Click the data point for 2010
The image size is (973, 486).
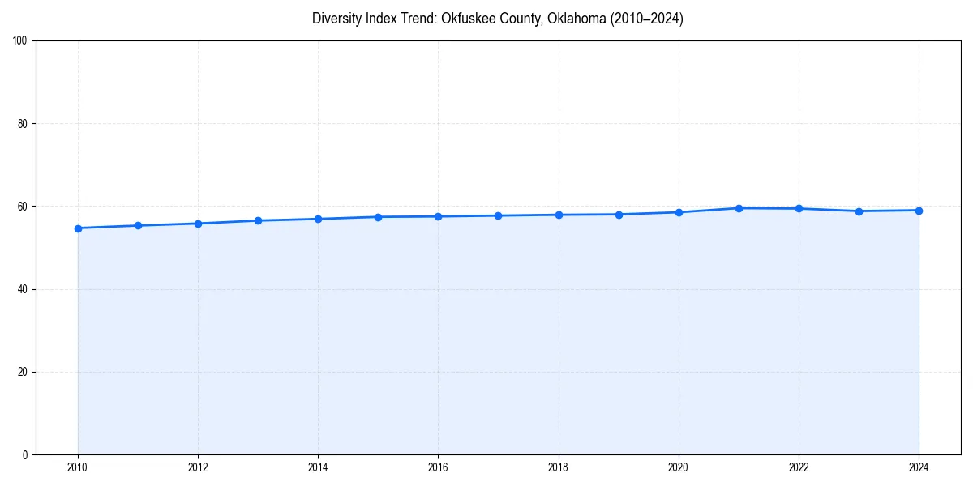click(x=78, y=228)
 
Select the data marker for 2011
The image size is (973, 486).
click(x=138, y=225)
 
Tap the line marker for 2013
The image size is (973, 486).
click(x=258, y=220)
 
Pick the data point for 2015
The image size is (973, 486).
click(x=378, y=217)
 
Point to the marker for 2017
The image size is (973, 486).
click(x=498, y=215)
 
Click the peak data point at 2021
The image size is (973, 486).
click(x=739, y=208)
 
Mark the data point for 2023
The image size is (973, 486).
click(x=859, y=211)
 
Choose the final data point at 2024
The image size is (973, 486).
click(x=919, y=211)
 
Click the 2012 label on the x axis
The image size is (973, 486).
click(x=198, y=467)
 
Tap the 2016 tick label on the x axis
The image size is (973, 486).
click(x=438, y=467)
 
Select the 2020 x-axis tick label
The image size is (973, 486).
click(x=679, y=467)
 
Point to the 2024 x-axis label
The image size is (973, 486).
click(x=919, y=467)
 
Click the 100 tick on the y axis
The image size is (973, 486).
click(x=20, y=41)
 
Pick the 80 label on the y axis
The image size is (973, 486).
click(x=23, y=124)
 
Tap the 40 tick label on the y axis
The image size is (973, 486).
click(x=23, y=289)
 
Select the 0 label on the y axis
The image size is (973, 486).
click(x=25, y=454)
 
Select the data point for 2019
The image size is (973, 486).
click(x=619, y=215)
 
